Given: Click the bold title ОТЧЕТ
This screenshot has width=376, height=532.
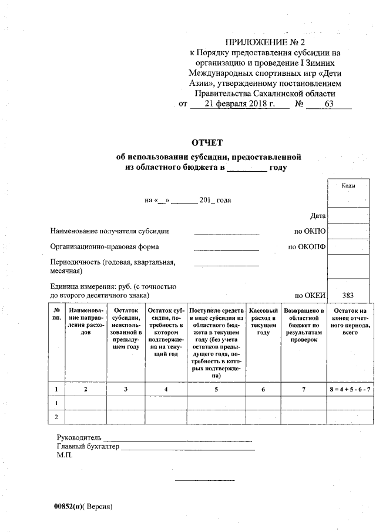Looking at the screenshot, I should coord(208,143).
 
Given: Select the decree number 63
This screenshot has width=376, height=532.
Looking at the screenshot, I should coord(328,105).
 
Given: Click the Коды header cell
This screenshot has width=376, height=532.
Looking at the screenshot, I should coord(348,186).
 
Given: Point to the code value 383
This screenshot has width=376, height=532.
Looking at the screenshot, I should coord(348,295).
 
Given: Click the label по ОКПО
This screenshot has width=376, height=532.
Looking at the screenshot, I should coord(310,232).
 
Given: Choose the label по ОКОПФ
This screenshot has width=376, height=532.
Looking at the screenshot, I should coord(306,247).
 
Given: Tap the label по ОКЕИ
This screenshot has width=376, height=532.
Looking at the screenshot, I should coord(310,295).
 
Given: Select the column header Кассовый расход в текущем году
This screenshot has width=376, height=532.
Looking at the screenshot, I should coord(263,321).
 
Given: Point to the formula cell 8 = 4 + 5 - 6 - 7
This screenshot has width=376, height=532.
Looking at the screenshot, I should coord(350,389).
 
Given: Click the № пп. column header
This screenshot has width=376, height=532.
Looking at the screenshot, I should coord(56,313).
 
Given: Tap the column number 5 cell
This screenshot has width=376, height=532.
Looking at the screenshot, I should coord(216,389).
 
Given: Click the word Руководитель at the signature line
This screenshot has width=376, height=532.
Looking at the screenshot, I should coord(79,438).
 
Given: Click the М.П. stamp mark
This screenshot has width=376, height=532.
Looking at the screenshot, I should coord(65,455).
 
